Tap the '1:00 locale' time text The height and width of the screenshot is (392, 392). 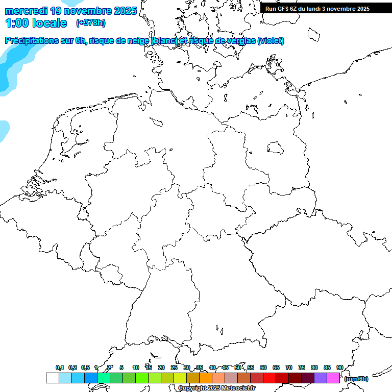36,23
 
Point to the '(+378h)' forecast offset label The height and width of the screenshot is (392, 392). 90,23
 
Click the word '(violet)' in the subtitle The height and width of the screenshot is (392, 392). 271,41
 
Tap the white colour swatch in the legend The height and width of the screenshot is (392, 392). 52,378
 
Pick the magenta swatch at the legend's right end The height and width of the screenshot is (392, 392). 333,378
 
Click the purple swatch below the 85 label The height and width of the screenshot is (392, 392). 321,378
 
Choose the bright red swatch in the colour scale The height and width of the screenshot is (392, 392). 269,378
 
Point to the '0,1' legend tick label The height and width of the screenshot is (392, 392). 60,367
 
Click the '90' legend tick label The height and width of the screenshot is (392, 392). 340,367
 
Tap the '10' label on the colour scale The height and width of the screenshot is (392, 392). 136,367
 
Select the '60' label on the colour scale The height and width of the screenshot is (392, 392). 263,367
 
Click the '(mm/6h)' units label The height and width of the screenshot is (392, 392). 356,379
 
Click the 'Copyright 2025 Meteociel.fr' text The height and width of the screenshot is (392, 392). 216,388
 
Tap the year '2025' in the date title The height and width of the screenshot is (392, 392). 125,11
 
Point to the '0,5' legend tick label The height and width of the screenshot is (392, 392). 85,367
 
